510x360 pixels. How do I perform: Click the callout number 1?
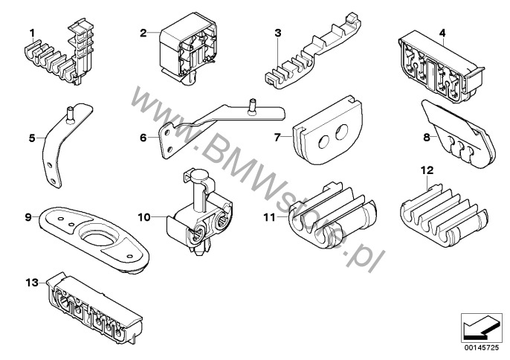32,31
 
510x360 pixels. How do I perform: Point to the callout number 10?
144,216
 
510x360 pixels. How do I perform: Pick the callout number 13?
31,283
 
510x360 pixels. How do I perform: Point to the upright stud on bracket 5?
71,113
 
